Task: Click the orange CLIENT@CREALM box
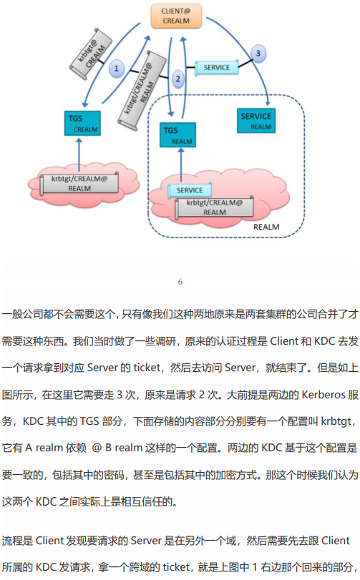176,16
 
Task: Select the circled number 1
117,68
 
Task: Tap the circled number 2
178,79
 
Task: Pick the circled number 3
258,53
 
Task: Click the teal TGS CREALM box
82,123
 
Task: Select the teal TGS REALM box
178,135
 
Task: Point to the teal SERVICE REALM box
256,121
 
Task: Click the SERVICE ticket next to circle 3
216,67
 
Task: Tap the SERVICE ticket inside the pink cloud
190,190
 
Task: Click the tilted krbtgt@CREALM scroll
91,54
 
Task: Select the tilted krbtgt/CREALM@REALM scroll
142,90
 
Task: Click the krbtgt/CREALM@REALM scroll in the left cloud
79,184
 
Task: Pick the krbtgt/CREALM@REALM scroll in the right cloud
215,207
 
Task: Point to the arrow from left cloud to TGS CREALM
79,155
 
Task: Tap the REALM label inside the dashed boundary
266,227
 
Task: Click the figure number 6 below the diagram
180,282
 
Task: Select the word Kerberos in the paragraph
323,395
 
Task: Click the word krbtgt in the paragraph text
336,421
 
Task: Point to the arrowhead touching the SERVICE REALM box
268,102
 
